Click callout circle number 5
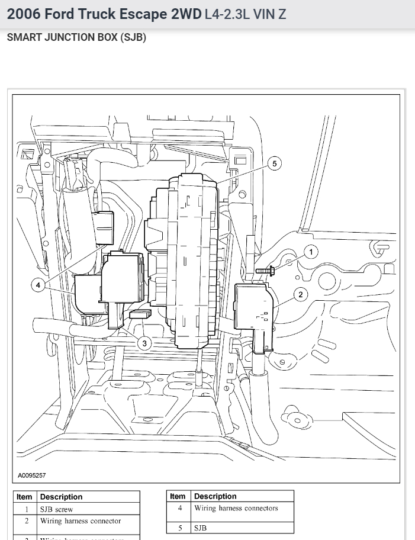point(274,163)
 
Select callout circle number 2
point(301,294)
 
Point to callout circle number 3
point(144,343)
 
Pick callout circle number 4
point(38,285)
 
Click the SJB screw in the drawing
point(265,271)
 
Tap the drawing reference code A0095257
point(32,475)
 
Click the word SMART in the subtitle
point(25,37)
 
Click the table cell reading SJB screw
point(57,509)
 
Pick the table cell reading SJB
point(201,528)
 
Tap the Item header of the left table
point(25,497)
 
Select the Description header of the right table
point(215,496)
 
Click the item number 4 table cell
point(180,508)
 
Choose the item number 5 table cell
point(180,528)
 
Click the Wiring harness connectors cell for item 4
point(236,508)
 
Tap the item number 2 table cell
point(27,522)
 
